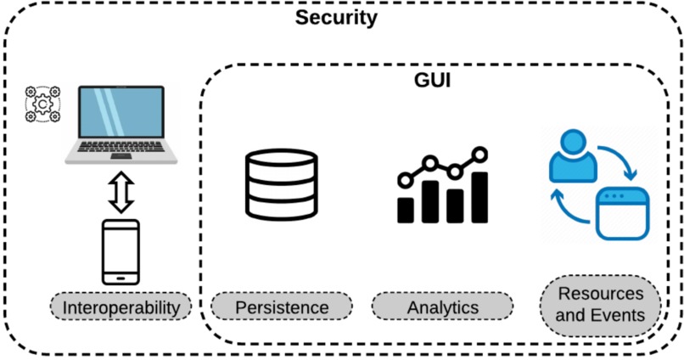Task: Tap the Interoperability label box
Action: [126, 307]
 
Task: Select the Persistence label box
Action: [281, 307]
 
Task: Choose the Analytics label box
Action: [442, 307]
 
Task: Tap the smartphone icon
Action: [120, 252]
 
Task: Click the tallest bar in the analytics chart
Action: [480, 197]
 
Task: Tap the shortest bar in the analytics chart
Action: [406, 210]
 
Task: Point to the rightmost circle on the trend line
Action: [480, 155]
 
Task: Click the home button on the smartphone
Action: [120, 277]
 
